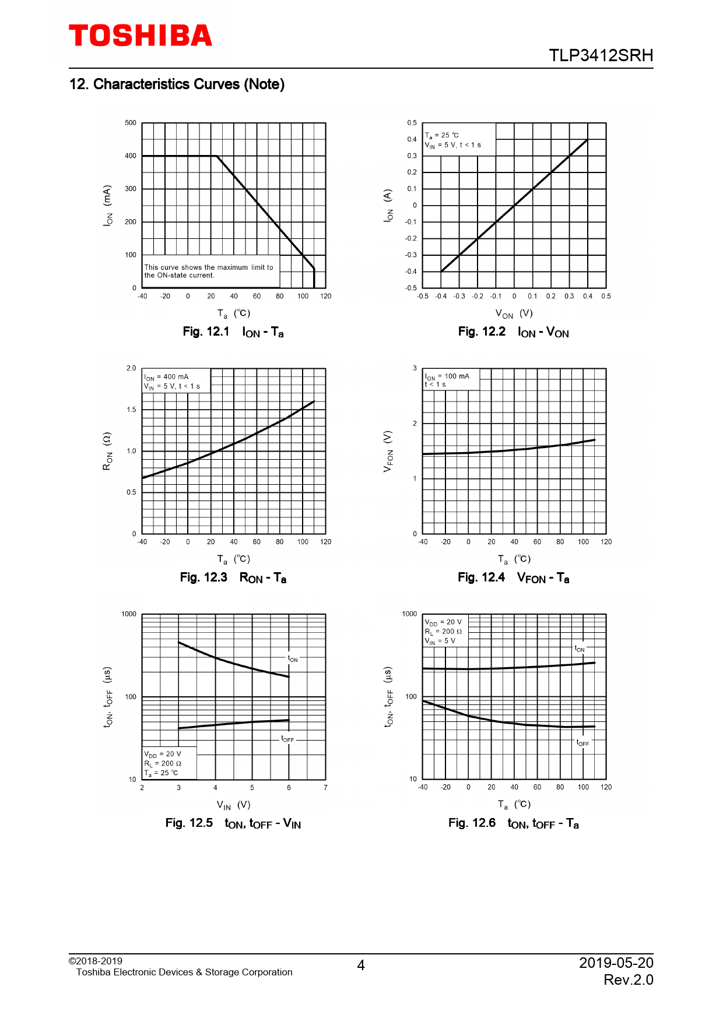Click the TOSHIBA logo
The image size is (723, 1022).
(x=141, y=36)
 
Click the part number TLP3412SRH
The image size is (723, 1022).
(x=601, y=55)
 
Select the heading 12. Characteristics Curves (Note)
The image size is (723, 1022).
(x=177, y=84)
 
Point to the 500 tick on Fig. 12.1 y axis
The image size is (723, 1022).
(x=131, y=123)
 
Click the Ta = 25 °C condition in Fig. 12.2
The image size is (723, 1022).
(x=442, y=135)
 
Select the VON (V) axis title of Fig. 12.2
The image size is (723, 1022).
(x=514, y=313)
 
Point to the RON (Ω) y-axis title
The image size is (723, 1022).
(x=107, y=451)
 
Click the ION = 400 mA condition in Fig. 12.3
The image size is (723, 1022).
(x=167, y=377)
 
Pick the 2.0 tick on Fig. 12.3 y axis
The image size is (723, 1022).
(x=131, y=368)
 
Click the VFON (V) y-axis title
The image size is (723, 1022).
(x=388, y=452)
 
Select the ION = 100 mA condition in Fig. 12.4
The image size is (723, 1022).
(x=447, y=376)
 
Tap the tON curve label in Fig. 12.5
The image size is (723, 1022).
(x=293, y=659)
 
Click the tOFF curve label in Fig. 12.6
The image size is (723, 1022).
(x=582, y=743)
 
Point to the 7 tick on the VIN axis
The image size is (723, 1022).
(x=325, y=788)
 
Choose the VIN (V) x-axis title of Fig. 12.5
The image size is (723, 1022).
(x=233, y=805)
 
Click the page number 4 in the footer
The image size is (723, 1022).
(x=361, y=965)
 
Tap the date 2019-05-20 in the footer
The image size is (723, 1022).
(x=616, y=963)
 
